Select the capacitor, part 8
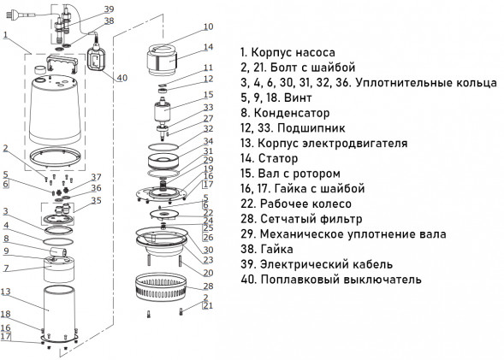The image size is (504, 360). tap(58, 251)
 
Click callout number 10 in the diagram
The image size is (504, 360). tap(208, 27)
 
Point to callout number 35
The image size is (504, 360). tap(97, 200)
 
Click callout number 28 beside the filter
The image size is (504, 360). tap(208, 286)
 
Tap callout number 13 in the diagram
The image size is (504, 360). tap(5, 292)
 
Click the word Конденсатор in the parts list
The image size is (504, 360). tap(292, 113)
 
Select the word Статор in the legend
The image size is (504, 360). tap(278, 158)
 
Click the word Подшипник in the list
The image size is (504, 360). tap(311, 127)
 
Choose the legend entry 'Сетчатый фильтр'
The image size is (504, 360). tap(311, 219)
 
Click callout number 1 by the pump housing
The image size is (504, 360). tap(4, 35)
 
